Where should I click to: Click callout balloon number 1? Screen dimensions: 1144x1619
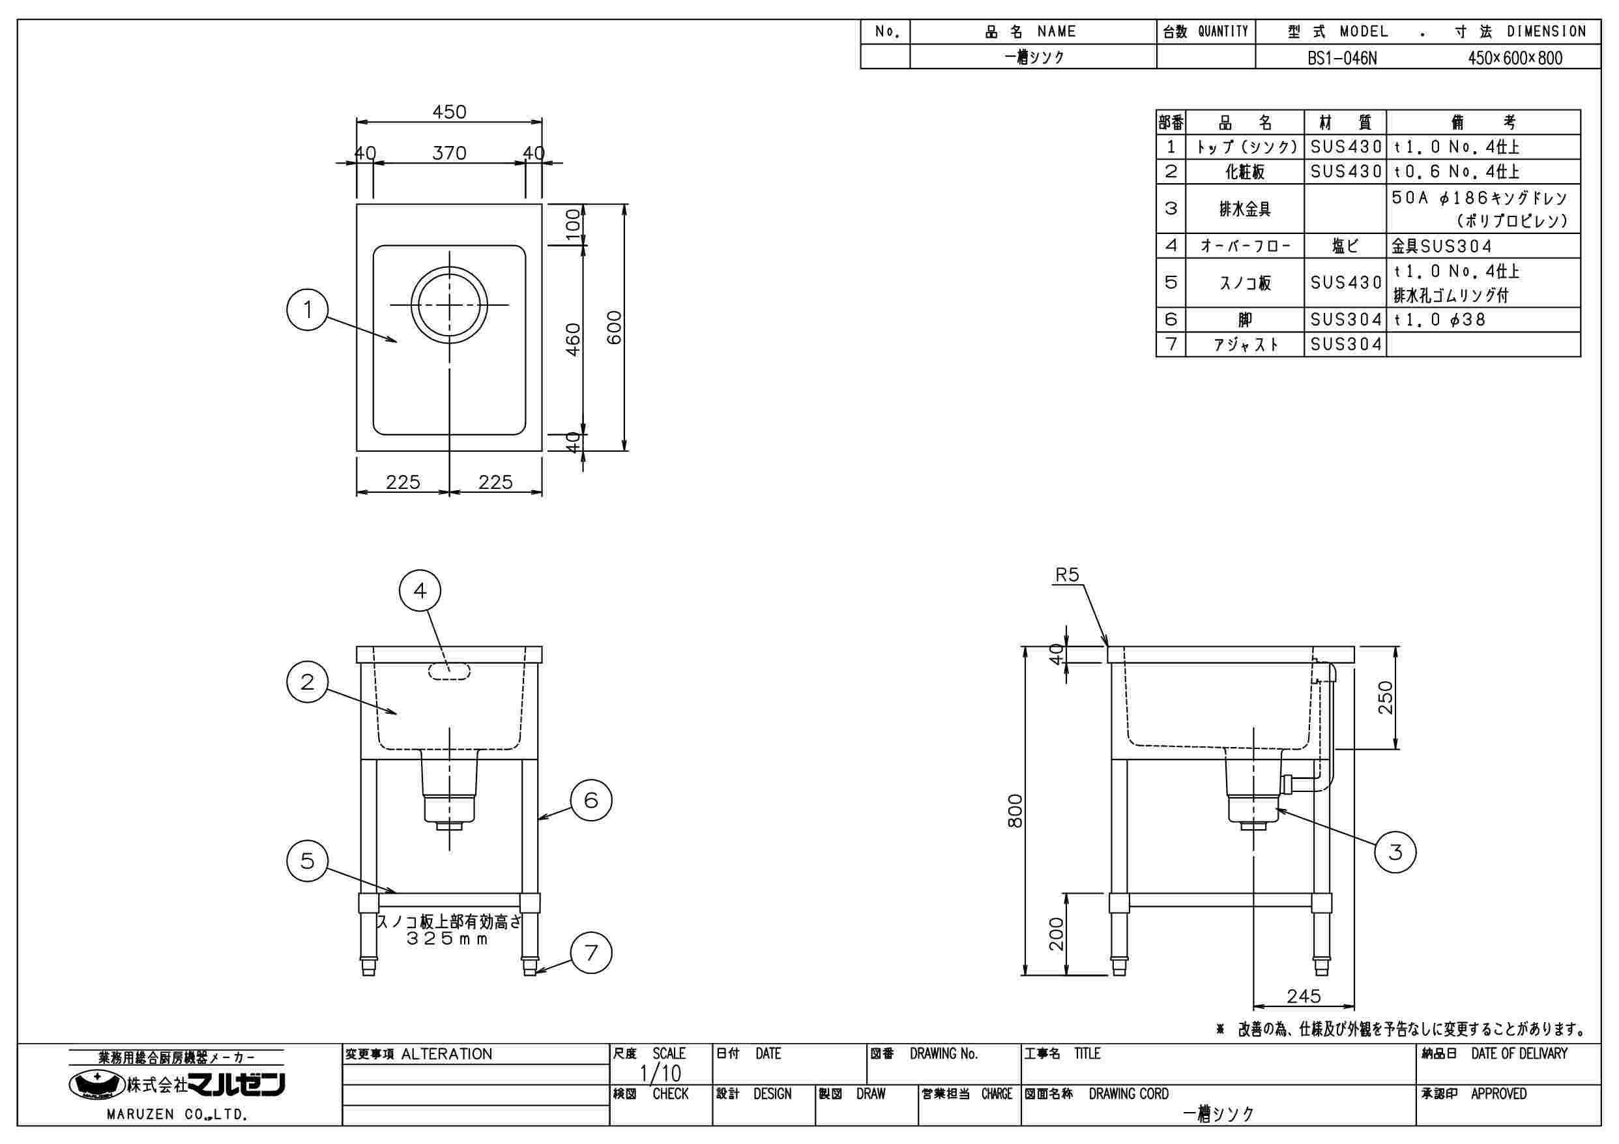(x=308, y=310)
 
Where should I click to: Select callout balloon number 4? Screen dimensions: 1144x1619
(x=420, y=591)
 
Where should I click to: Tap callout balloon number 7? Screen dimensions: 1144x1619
(x=591, y=953)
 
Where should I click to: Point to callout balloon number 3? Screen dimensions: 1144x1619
(x=1395, y=852)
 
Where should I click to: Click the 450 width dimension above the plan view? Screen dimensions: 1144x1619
(x=449, y=112)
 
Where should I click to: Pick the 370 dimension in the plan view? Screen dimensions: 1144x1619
(x=449, y=153)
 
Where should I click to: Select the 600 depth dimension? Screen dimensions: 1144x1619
(x=615, y=327)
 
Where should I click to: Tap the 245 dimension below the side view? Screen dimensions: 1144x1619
(x=1303, y=996)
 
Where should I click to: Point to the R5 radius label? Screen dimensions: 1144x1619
(x=1067, y=576)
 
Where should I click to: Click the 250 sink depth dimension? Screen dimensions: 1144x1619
(x=1386, y=697)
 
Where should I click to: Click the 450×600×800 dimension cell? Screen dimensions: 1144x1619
(x=1515, y=58)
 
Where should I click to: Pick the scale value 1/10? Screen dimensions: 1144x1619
(x=660, y=1074)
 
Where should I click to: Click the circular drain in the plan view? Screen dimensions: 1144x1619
(x=449, y=304)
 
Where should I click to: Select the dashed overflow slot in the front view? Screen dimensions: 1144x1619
(x=449, y=671)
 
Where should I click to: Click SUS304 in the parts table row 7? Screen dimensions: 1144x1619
(x=1345, y=344)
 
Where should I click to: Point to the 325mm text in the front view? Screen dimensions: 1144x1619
(x=448, y=939)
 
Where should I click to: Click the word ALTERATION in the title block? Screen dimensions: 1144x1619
(x=446, y=1055)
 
